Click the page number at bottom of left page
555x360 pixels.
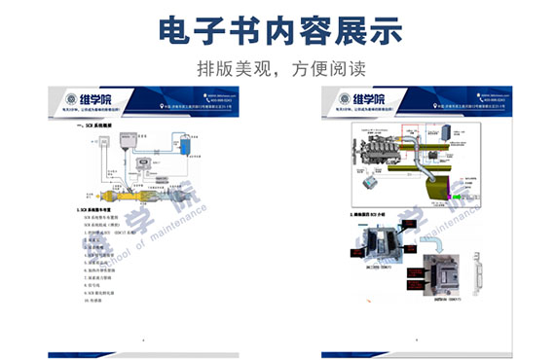click(x=144, y=341)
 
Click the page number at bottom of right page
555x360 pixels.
click(x=414, y=341)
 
